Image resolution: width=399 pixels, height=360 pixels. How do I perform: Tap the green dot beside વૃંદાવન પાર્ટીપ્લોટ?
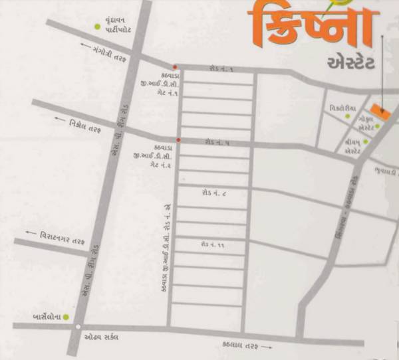97,27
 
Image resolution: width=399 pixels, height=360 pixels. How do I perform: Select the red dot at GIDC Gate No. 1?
174,67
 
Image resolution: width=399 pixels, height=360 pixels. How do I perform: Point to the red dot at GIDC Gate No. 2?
178,140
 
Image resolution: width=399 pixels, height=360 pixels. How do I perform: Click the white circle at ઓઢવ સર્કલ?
78,327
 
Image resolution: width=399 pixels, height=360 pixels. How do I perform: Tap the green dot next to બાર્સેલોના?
67,317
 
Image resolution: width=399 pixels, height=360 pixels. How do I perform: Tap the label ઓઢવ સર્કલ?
101,337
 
